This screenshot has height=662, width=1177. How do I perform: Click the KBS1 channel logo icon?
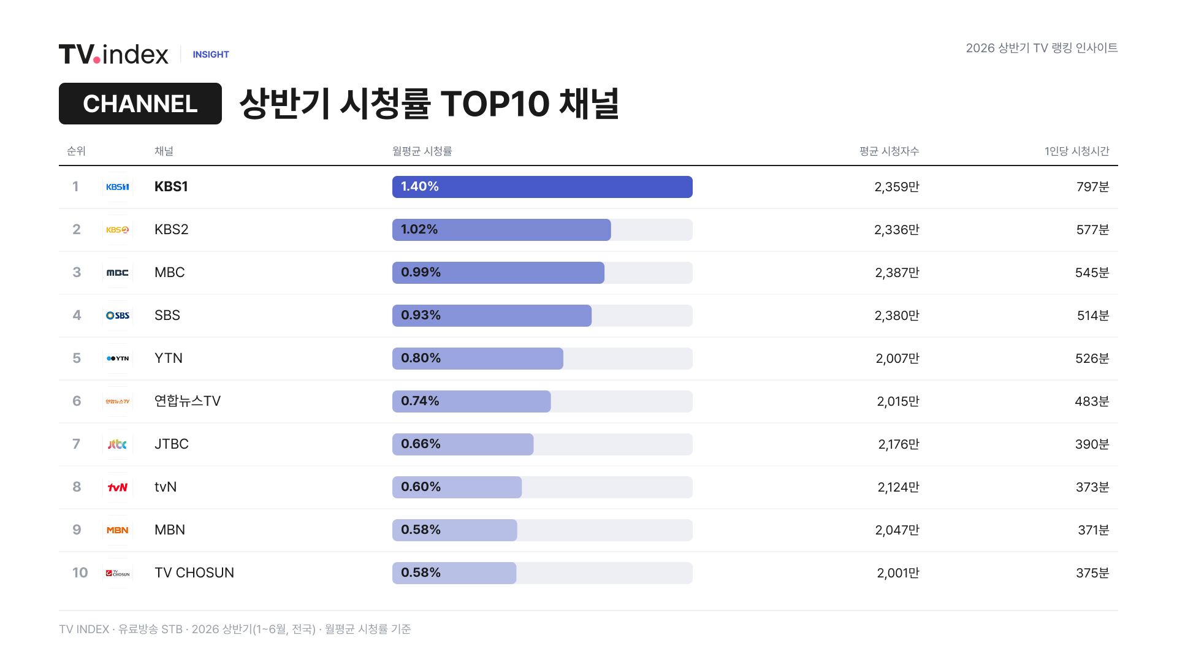118,187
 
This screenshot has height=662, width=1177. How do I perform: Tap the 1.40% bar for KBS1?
543,187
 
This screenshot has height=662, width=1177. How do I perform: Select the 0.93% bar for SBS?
492,316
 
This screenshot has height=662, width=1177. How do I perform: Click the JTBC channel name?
172,444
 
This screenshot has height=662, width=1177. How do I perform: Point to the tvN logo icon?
118,487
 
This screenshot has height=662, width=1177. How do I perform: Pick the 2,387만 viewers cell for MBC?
897,273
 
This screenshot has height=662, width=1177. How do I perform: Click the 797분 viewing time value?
1092,187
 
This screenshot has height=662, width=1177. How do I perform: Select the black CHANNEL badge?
140,104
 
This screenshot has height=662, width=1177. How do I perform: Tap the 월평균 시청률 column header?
422,151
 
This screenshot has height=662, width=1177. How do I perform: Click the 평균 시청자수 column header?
889,151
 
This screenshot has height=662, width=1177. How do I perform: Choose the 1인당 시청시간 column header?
1077,151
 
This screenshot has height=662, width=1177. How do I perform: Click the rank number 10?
80,573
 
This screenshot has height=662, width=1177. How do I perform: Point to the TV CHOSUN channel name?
194,573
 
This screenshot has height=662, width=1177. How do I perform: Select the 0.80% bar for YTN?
478,359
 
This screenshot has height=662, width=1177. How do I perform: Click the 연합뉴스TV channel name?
188,401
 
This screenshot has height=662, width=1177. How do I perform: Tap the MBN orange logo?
118,530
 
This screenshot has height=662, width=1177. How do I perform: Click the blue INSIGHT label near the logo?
211,55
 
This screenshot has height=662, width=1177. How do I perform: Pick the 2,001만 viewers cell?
898,573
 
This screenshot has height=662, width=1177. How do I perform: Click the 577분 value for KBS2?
1092,230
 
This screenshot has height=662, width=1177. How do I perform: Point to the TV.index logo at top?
113,54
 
